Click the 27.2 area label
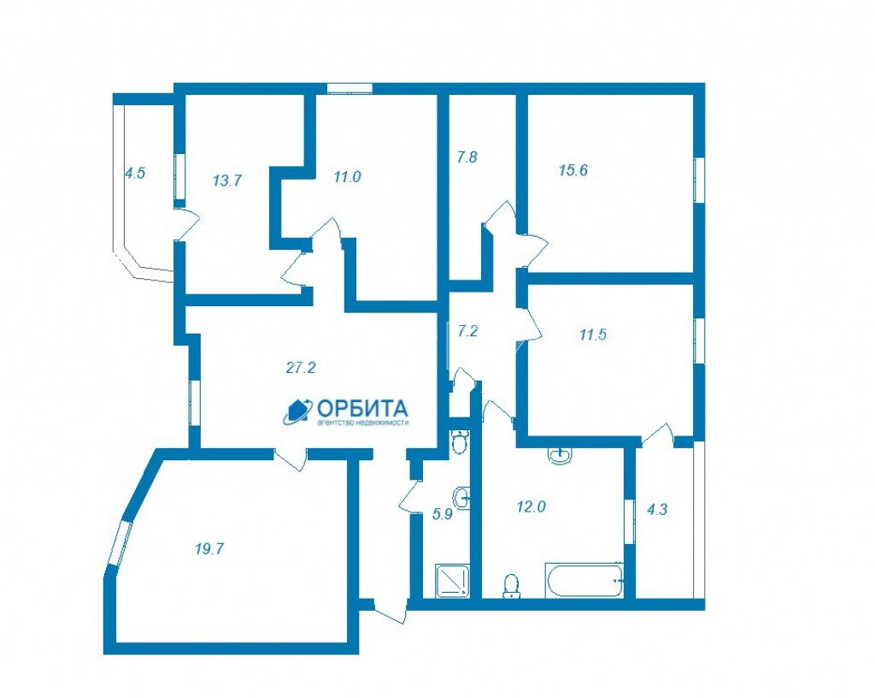301,368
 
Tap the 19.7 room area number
209,549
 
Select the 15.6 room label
573,169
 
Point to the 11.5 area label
593,335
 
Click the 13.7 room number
227,180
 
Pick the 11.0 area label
347,177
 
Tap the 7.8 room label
467,157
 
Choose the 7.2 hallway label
467,331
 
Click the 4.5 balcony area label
134,173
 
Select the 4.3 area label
657,509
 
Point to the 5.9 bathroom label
443,514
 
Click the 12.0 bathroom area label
531,506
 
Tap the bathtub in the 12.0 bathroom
584,580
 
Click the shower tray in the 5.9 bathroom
453,581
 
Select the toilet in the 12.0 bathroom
511,586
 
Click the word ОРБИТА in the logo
362,408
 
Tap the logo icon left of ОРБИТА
297,412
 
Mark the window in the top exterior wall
349,87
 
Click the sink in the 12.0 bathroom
560,455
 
